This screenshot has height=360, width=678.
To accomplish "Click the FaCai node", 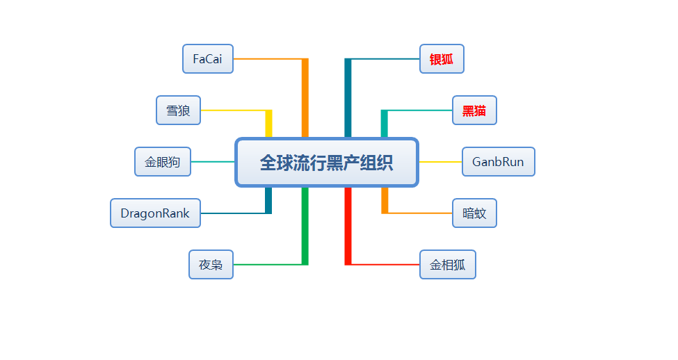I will [x=208, y=59].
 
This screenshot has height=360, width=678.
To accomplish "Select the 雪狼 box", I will [x=178, y=111].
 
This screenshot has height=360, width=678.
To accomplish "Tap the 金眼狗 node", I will [x=162, y=162].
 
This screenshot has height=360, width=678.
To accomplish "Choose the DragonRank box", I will [x=155, y=213].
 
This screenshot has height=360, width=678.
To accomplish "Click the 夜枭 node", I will [x=211, y=265].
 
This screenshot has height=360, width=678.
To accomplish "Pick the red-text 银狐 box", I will [x=442, y=59].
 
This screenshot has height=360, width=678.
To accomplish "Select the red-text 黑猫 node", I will [x=474, y=111].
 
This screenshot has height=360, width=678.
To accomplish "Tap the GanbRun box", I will [x=498, y=162].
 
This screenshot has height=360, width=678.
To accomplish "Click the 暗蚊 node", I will [x=474, y=213].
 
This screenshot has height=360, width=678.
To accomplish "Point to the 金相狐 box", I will [x=447, y=265].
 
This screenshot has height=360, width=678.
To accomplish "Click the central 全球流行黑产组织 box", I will [x=327, y=163].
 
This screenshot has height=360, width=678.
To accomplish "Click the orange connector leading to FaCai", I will [x=305, y=97].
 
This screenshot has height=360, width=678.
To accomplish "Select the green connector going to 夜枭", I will [x=305, y=229].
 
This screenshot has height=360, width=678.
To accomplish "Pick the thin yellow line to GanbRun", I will [x=441, y=162].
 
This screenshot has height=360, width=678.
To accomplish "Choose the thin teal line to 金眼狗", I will [x=213, y=162].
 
